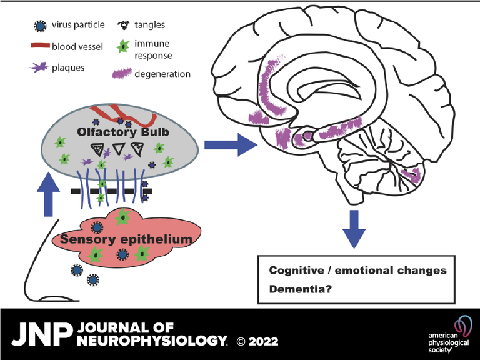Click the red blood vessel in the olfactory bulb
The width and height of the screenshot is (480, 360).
click(128, 114)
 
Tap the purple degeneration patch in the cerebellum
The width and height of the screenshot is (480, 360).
click(411, 175)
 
